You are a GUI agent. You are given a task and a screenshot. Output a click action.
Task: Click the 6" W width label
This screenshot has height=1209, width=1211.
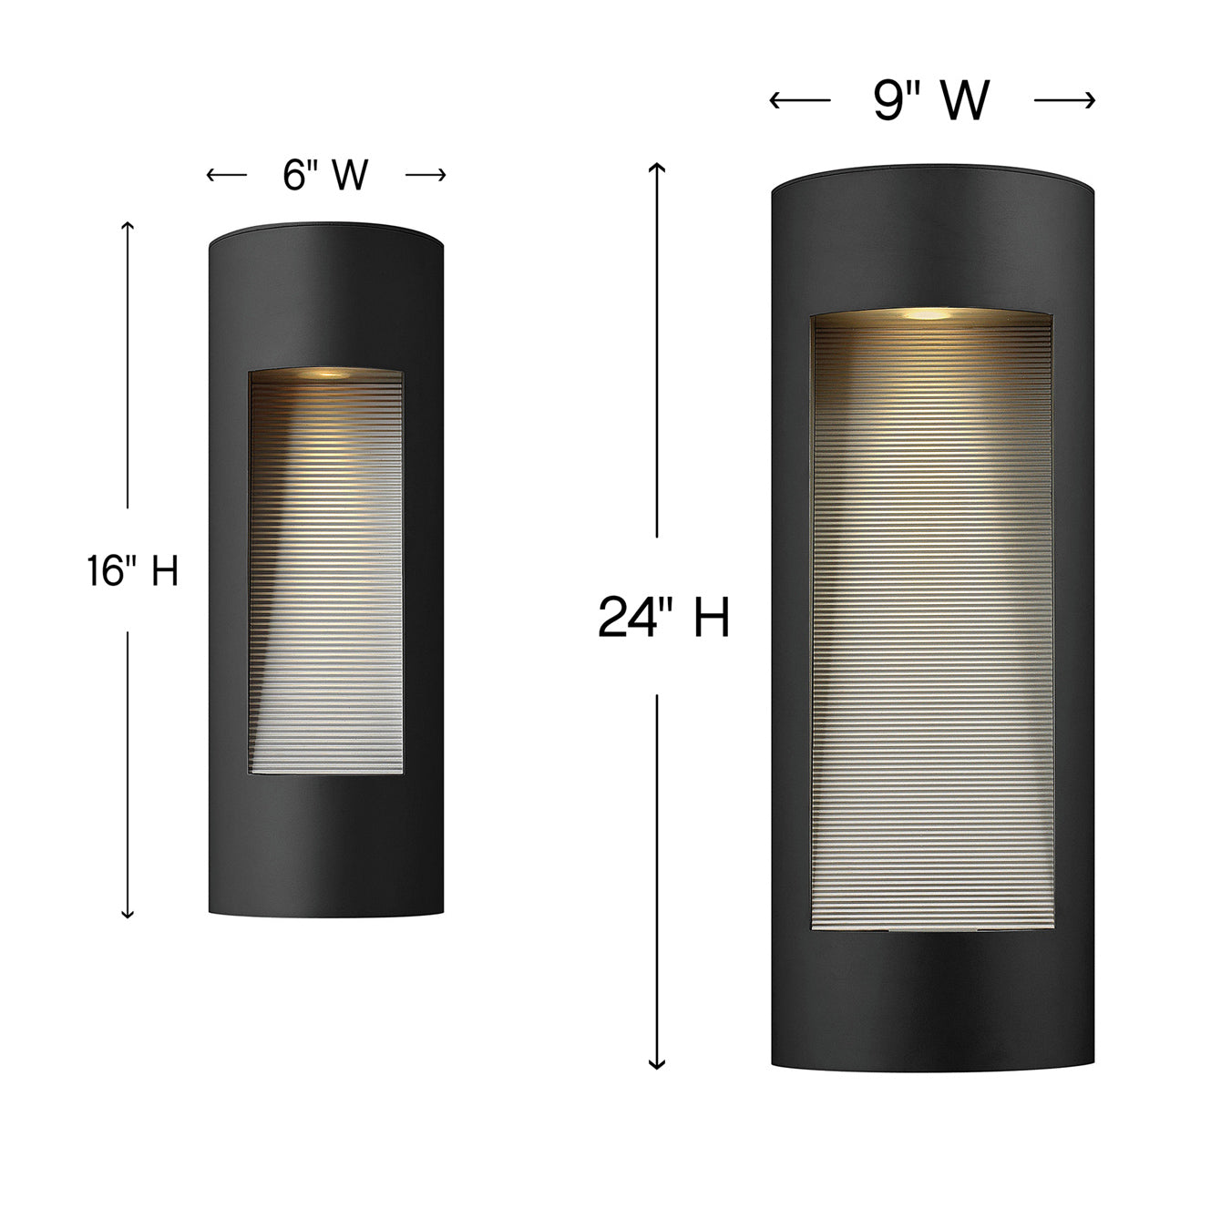tap(325, 175)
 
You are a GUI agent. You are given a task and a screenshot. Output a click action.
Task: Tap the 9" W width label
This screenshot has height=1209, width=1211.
tap(931, 100)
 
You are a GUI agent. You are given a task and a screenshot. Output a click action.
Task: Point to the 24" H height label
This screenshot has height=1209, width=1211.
tap(663, 617)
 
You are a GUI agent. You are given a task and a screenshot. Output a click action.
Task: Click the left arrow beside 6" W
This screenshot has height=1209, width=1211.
tap(227, 175)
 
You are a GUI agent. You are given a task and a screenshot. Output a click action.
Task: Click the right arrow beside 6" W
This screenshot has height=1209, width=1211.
tap(426, 175)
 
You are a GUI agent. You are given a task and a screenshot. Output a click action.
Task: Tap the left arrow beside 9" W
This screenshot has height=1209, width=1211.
tap(800, 100)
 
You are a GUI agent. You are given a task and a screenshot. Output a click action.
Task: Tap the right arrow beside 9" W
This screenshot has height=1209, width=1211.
tap(1064, 100)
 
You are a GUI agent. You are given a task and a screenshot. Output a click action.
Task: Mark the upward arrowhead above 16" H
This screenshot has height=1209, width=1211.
tap(128, 226)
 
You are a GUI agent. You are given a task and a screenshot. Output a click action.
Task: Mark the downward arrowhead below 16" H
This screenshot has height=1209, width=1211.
tap(128, 914)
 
